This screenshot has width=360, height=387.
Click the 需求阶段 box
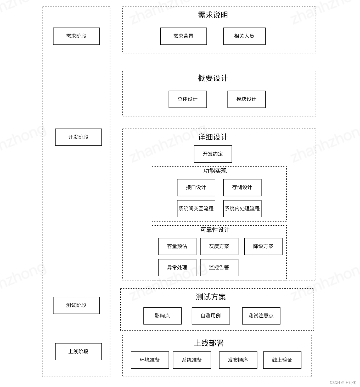click(x=76, y=36)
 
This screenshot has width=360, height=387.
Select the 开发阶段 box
click(x=78, y=137)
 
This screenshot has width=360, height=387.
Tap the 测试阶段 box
click(x=76, y=305)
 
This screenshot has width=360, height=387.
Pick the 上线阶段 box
click(x=78, y=351)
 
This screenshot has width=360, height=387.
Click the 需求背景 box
click(x=183, y=36)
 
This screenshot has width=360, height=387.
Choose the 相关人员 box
click(x=244, y=36)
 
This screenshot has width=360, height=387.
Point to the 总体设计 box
click(x=188, y=99)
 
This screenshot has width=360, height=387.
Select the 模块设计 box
click(x=246, y=99)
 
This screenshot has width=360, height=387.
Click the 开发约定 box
click(x=213, y=154)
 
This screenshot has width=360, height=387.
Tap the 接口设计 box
click(x=196, y=187)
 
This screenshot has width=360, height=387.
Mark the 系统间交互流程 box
click(x=196, y=208)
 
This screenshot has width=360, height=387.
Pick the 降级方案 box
click(x=263, y=246)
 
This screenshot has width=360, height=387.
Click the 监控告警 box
click(x=219, y=267)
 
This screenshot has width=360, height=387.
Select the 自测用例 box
click(x=211, y=316)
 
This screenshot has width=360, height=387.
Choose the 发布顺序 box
click(x=238, y=360)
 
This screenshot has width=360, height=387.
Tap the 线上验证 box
click(x=282, y=360)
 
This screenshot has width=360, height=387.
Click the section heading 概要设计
click(x=213, y=78)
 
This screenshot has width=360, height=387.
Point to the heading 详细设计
click(x=213, y=137)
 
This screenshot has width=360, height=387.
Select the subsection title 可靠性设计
click(x=215, y=230)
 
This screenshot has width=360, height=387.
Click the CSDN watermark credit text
click(x=343, y=383)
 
